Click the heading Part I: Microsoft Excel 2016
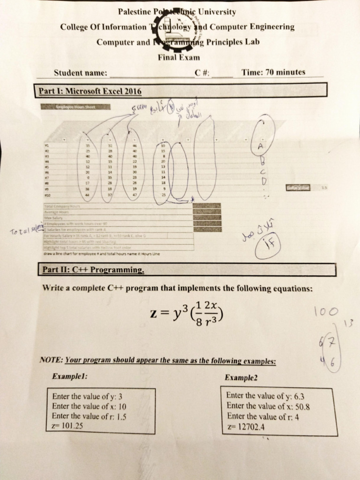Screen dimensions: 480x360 [90, 90]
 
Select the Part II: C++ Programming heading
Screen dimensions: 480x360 [93, 270]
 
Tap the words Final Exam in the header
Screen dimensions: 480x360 [178, 58]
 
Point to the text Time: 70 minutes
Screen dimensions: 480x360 [273, 72]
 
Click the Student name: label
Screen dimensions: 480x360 [81, 73]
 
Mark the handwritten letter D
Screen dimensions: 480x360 [263, 180]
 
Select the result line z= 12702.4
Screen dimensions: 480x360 [245, 427]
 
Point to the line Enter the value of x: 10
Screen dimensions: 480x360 [89, 406]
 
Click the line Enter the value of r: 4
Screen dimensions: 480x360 [262, 416]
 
